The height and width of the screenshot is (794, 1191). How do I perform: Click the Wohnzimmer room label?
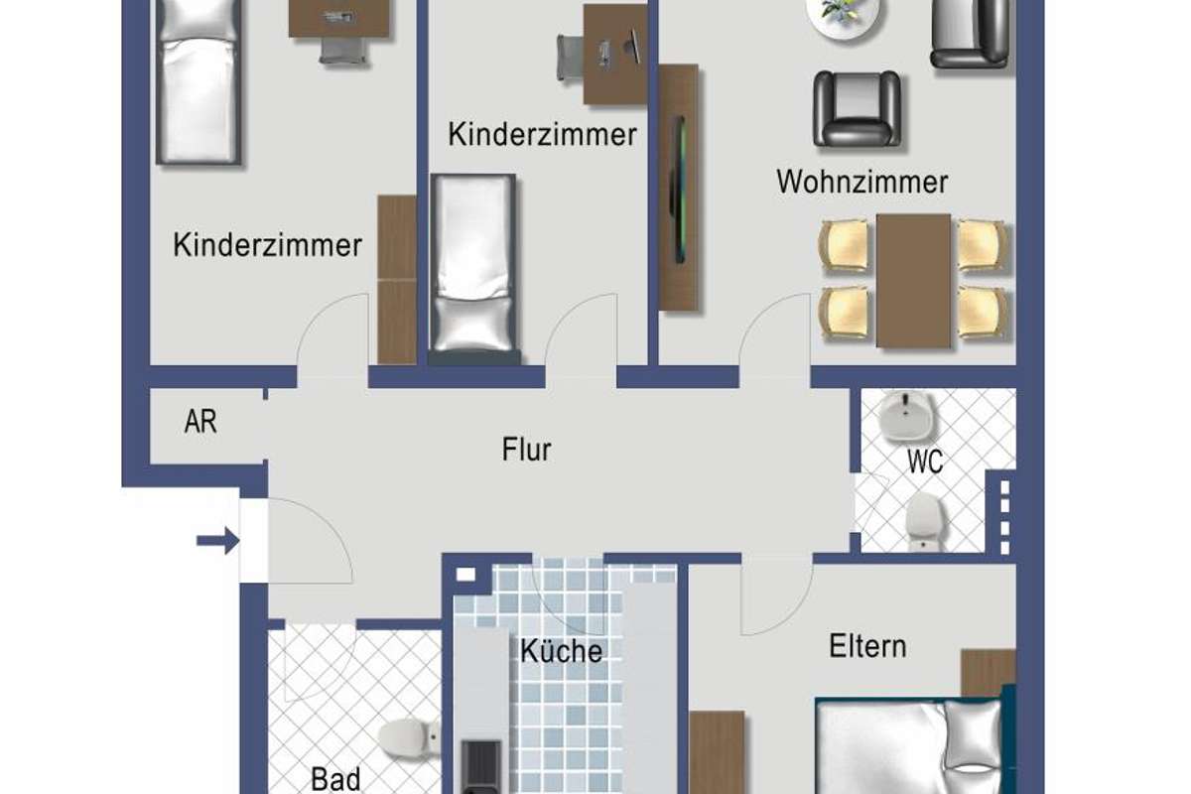pos(861,182)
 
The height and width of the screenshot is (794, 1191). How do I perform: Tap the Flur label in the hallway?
pos(526,450)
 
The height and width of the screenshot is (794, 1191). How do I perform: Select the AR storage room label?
pos(200,422)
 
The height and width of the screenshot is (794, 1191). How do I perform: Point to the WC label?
pos(925,462)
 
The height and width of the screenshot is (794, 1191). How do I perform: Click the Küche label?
pos(561,650)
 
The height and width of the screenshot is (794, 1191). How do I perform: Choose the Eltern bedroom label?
pos(867,646)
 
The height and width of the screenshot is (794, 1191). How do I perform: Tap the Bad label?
pos(335,779)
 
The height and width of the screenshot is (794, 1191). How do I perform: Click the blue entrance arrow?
pos(218,541)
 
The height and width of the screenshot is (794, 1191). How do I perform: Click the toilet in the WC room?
pos(926,521)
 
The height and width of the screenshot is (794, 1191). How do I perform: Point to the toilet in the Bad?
pos(409,738)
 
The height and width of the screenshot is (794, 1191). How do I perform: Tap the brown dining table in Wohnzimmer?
pos(913,281)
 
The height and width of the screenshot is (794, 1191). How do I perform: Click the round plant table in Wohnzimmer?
pos(843,16)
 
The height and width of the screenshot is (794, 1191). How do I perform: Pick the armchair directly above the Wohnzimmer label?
pos(857,109)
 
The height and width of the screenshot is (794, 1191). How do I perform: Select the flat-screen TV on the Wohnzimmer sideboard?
pos(679,190)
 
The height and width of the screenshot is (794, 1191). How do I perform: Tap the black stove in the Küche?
pos(481,766)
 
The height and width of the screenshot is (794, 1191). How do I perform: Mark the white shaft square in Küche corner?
pos(465,575)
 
